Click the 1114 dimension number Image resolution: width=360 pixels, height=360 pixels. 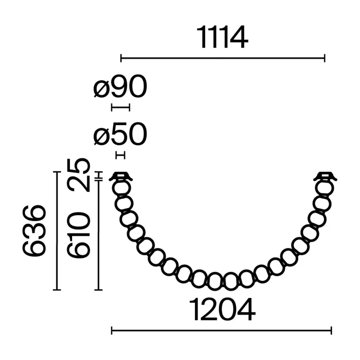pyautogui.click(x=222, y=37)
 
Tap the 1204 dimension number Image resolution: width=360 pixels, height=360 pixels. pyautogui.click(x=222, y=309)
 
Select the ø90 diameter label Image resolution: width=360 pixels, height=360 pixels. pyautogui.click(x=120, y=86)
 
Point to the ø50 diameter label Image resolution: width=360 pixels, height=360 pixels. pyautogui.click(x=120, y=134)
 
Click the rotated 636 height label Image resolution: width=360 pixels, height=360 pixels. pyautogui.click(x=34, y=230)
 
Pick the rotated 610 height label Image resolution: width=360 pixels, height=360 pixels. pyautogui.click(x=78, y=234)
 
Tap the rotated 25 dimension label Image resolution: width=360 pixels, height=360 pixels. pyautogui.click(x=78, y=175)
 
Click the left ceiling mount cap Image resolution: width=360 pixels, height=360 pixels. pyautogui.click(x=121, y=176)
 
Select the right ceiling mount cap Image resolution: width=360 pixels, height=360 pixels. pyautogui.click(x=325, y=176)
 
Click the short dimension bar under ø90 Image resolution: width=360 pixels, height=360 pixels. pyautogui.click(x=121, y=107)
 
